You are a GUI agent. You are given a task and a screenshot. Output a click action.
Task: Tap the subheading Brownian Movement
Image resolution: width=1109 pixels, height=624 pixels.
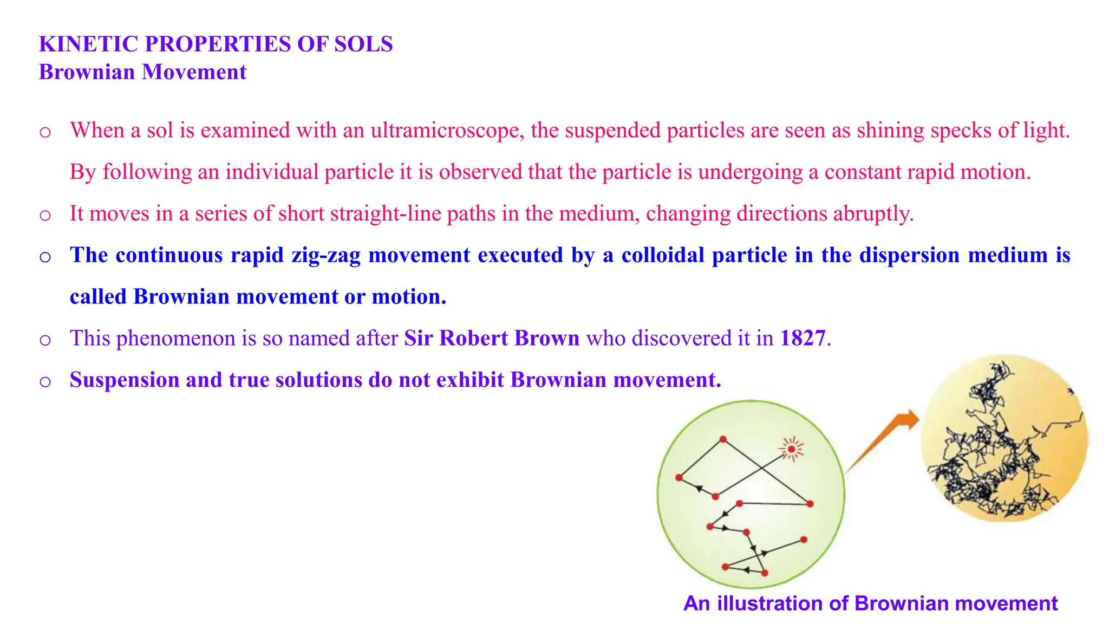(x=142, y=72)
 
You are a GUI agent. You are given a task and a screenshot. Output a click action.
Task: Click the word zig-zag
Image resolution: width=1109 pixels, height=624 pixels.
(x=326, y=255)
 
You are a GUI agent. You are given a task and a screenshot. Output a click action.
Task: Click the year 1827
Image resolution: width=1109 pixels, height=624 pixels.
(x=803, y=339)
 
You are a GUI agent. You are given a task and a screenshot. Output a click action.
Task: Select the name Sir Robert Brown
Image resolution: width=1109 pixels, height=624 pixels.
(x=492, y=339)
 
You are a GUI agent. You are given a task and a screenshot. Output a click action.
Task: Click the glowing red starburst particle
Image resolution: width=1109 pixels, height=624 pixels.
(x=792, y=449)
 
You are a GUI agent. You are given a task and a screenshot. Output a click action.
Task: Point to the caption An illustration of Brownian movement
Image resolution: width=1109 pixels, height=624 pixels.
(x=870, y=603)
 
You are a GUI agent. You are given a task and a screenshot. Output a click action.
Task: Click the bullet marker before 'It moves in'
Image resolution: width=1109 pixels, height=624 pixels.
(x=45, y=216)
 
